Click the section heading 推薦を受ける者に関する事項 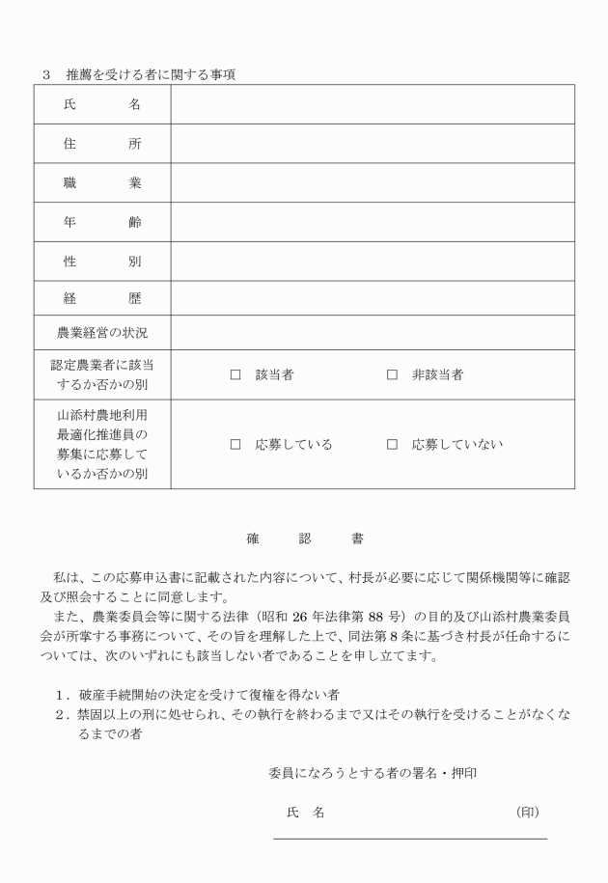tap(151, 73)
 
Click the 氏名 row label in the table tap(102, 105)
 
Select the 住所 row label tap(102, 145)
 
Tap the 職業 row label tap(102, 183)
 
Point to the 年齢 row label tap(102, 223)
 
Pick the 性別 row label tap(102, 262)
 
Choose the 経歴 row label tap(102, 299)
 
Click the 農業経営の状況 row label tap(102, 333)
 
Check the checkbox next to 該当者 tap(235, 374)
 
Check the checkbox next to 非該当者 tap(392, 374)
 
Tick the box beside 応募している tap(235, 445)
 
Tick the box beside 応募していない tap(392, 445)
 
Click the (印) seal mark tap(528, 813)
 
